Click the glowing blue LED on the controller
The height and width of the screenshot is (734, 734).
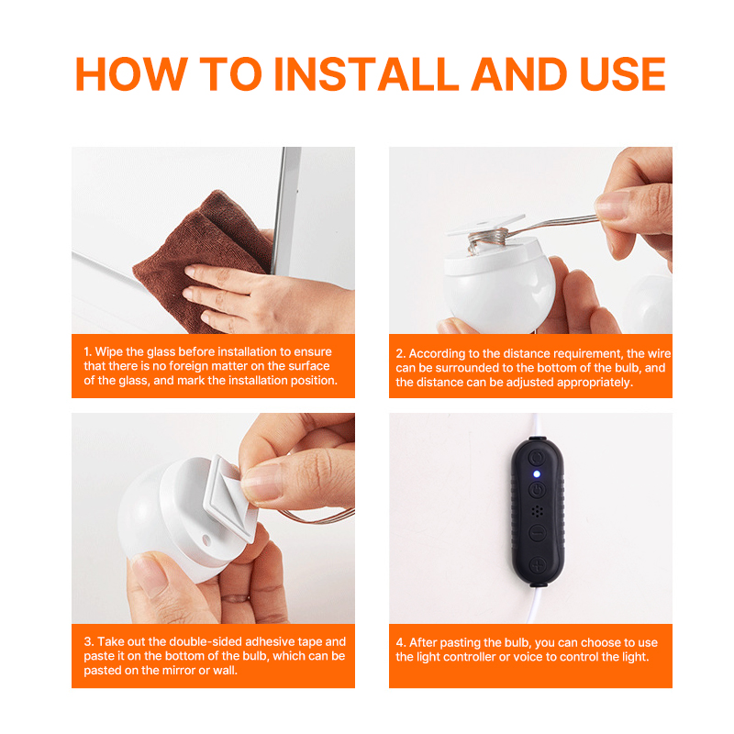click(x=537, y=474)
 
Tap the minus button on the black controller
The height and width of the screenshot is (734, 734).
click(x=538, y=533)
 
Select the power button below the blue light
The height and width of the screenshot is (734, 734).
click(x=538, y=490)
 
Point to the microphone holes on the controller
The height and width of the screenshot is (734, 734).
click(x=538, y=511)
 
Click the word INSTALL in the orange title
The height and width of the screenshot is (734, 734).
click(x=366, y=74)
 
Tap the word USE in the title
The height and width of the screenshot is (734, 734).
click(x=623, y=74)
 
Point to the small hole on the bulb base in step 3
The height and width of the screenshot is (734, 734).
click(x=206, y=540)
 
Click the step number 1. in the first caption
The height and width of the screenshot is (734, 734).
click(x=87, y=351)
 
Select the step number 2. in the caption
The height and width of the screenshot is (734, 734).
click(x=400, y=353)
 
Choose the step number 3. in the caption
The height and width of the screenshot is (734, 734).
click(x=88, y=641)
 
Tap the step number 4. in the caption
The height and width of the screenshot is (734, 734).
click(x=401, y=642)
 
